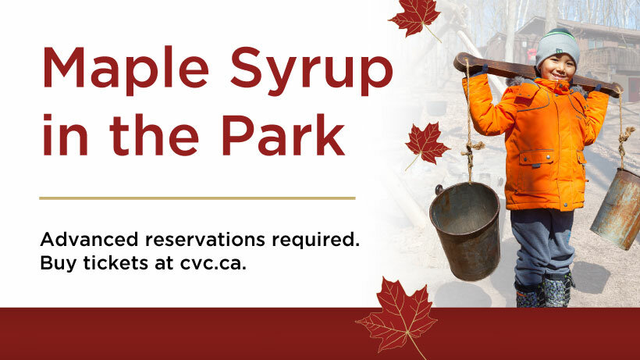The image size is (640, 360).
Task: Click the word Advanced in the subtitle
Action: coord(93,239)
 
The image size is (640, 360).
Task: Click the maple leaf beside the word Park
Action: coord(426,144)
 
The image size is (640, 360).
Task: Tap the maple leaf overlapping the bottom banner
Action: coord(396,316)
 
